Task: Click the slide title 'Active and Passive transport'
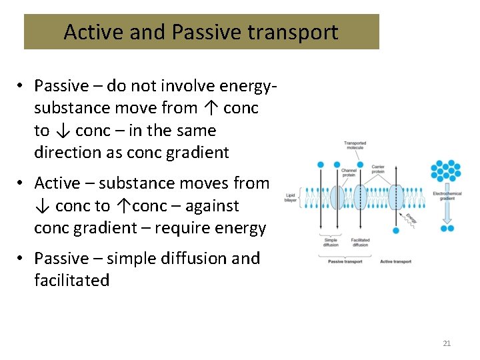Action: point(201,32)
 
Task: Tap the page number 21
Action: point(447,343)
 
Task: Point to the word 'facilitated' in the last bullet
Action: point(72,281)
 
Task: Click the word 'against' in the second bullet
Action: point(213,205)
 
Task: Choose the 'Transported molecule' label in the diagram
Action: point(355,145)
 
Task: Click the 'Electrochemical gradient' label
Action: point(446,195)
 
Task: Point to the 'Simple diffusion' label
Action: point(331,242)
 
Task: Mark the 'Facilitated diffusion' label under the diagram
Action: point(360,242)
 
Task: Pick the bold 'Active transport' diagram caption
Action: point(395,261)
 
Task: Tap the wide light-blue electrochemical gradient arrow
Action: point(446,211)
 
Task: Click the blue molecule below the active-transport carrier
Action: point(396,231)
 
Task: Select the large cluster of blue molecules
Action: point(446,171)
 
